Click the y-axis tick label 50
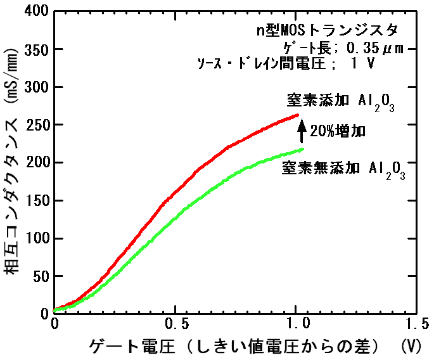click(x=39, y=276)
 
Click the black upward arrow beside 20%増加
click(x=302, y=131)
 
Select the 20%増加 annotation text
click(x=338, y=132)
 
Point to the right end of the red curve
click(x=297, y=115)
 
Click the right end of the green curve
click(x=302, y=150)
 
